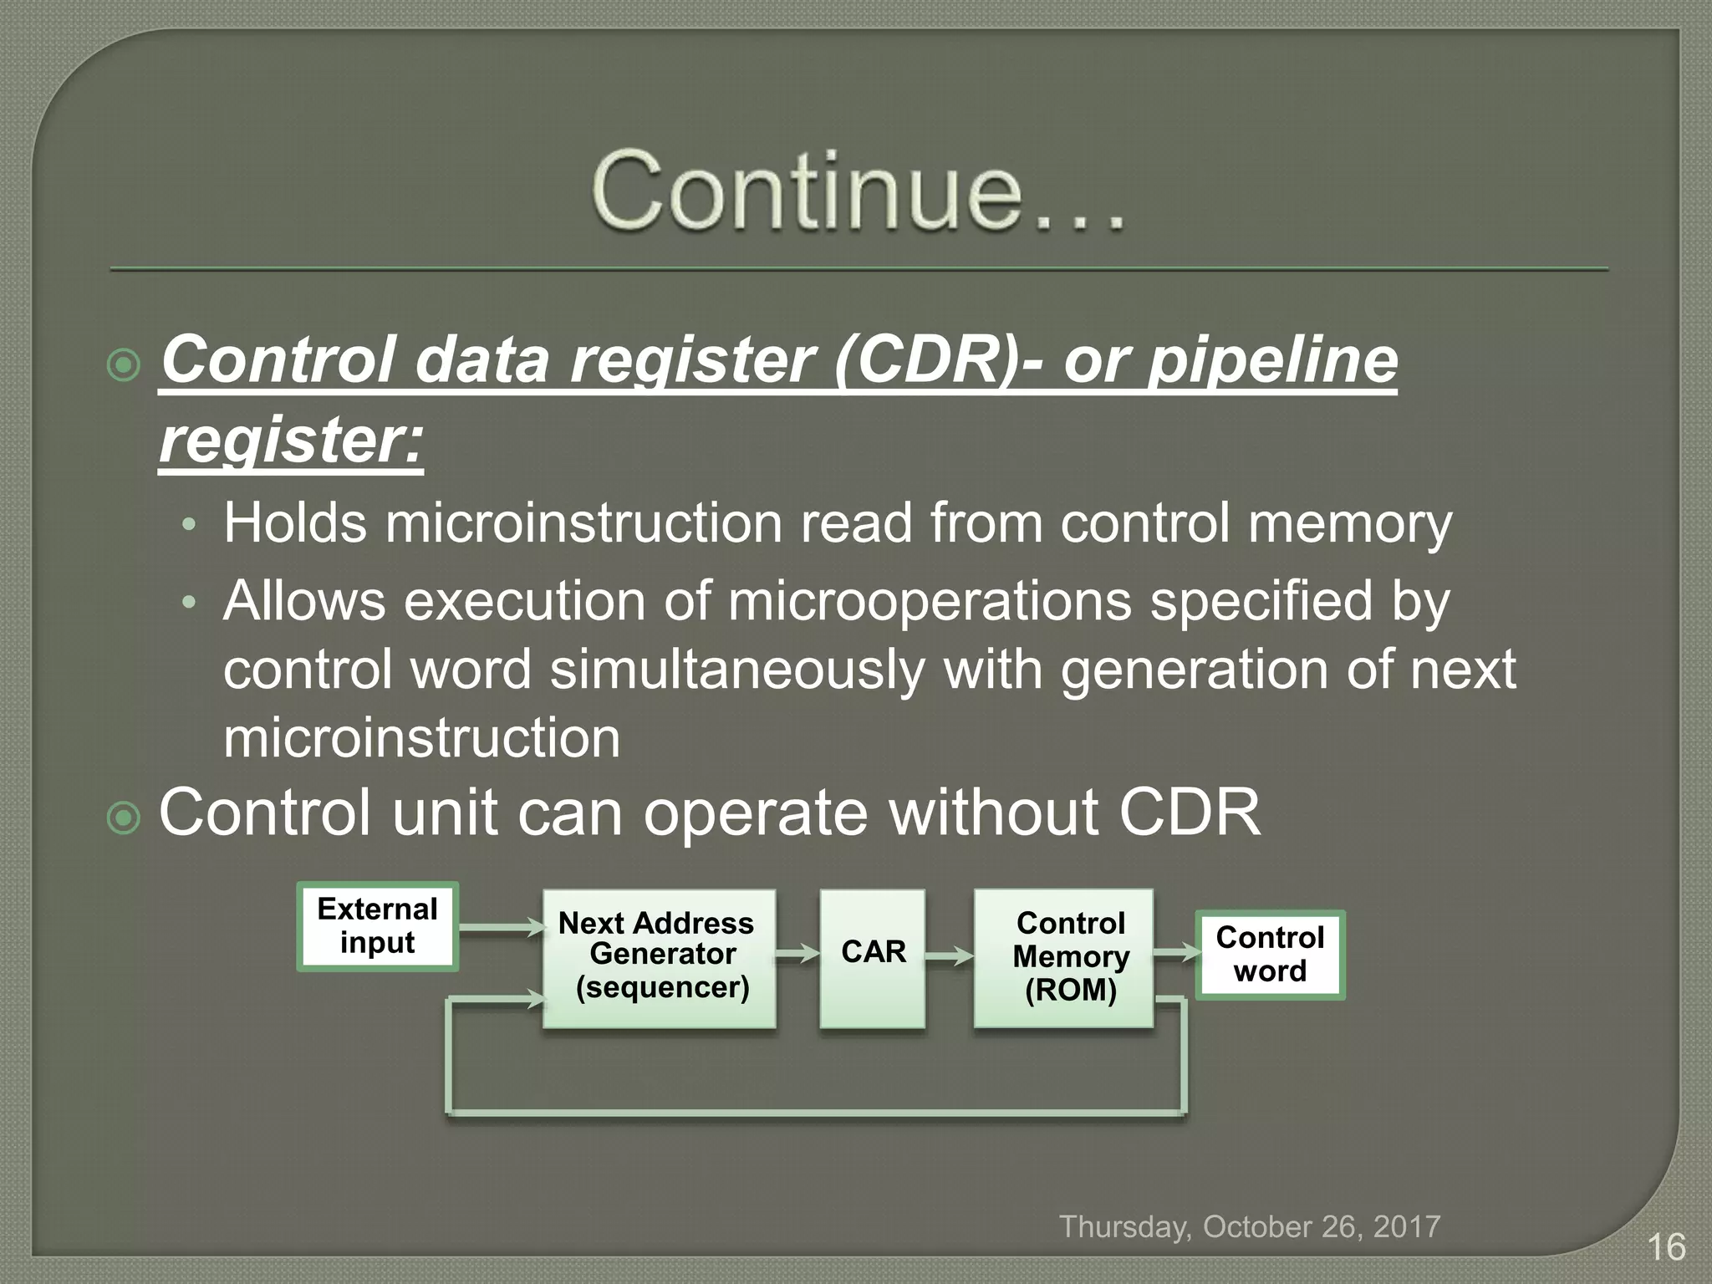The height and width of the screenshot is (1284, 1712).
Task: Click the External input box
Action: tap(377, 926)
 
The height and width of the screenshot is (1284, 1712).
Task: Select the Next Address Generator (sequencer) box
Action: tap(660, 958)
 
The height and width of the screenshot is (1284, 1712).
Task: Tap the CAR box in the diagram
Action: tap(873, 958)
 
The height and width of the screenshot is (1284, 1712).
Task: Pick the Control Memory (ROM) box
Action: tap(1063, 958)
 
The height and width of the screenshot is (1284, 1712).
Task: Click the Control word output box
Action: tap(1270, 955)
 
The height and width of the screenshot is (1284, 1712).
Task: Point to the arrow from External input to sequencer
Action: tap(500, 927)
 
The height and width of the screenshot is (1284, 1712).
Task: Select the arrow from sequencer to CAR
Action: tap(797, 954)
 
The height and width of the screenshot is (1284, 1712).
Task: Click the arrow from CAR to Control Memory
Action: tap(949, 956)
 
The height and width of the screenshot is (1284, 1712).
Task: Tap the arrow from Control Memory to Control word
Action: tap(1174, 952)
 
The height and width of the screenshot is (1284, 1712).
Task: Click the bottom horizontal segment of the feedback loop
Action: tap(815, 1113)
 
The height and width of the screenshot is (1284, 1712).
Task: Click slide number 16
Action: tap(1665, 1247)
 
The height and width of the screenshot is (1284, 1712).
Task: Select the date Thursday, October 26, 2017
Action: tap(1250, 1226)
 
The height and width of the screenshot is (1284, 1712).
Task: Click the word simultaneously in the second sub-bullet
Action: tap(736, 670)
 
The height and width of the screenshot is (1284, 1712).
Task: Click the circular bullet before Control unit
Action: tap(125, 818)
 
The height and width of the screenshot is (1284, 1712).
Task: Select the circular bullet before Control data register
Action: tap(125, 365)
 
